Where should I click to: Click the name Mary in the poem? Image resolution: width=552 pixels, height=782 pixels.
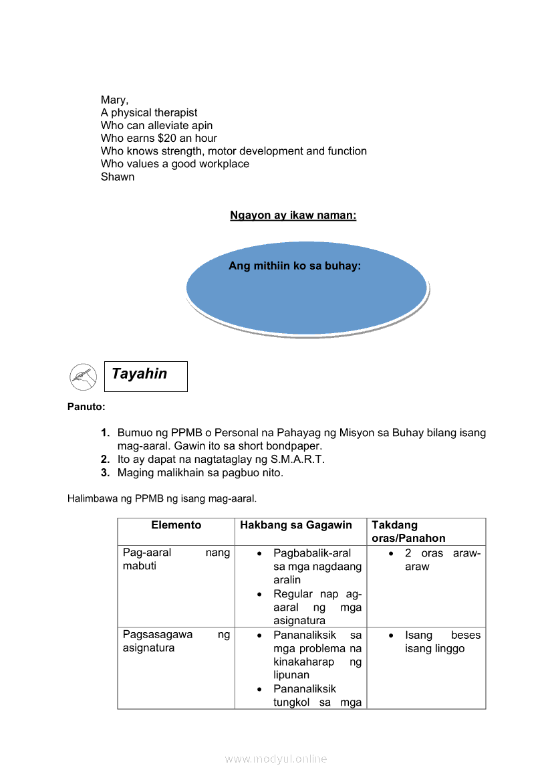coord(113,100)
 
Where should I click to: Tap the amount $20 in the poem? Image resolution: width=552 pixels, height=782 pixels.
coord(167,138)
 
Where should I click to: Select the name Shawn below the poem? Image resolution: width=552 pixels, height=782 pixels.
coord(118,177)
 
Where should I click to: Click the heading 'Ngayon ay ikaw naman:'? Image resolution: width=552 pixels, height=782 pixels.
coord(293,215)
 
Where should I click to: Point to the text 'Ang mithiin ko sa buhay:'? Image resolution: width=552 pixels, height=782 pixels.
coord(295,266)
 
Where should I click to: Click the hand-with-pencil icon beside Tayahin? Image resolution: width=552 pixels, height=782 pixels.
coord(84,377)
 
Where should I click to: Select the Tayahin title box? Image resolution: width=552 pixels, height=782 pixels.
coord(146,376)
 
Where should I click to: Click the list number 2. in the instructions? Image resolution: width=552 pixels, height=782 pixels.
coord(106,460)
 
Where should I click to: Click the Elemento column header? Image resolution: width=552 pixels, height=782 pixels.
coord(176,526)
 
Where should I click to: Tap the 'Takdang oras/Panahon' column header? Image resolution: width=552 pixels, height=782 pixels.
coord(408,532)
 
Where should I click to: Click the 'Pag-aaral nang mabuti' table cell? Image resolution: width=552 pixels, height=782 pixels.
coord(176,560)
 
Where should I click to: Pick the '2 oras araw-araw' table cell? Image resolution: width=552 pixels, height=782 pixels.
coord(434,560)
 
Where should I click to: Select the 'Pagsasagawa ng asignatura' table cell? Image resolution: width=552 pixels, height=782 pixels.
coord(176,642)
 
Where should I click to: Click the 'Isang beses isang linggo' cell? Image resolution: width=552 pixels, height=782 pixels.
coord(434,642)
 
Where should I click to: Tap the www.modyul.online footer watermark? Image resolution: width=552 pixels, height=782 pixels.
coord(276,759)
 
